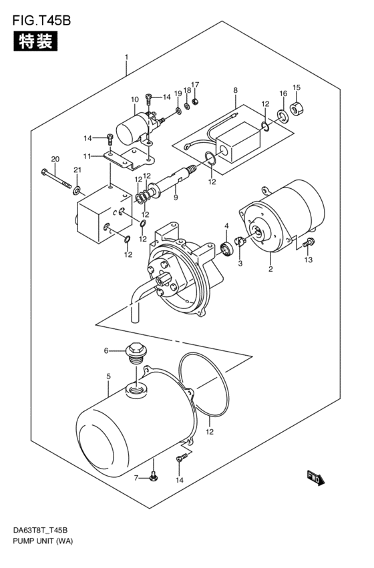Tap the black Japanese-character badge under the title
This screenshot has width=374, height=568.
(35, 41)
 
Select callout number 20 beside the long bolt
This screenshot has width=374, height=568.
(55, 159)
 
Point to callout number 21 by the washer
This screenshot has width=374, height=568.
(77, 170)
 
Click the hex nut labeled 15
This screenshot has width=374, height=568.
(298, 108)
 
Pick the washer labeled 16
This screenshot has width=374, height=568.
(283, 115)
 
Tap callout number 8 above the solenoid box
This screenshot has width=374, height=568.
(236, 91)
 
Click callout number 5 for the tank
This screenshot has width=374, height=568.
(109, 376)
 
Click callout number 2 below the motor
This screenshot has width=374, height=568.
(270, 269)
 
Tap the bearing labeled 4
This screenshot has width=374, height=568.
(228, 248)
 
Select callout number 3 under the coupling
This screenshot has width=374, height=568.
(240, 264)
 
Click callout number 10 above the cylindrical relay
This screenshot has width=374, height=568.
(134, 99)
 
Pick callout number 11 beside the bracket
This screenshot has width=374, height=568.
(87, 156)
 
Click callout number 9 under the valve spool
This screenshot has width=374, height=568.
(176, 198)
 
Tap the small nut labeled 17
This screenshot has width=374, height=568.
(194, 101)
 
